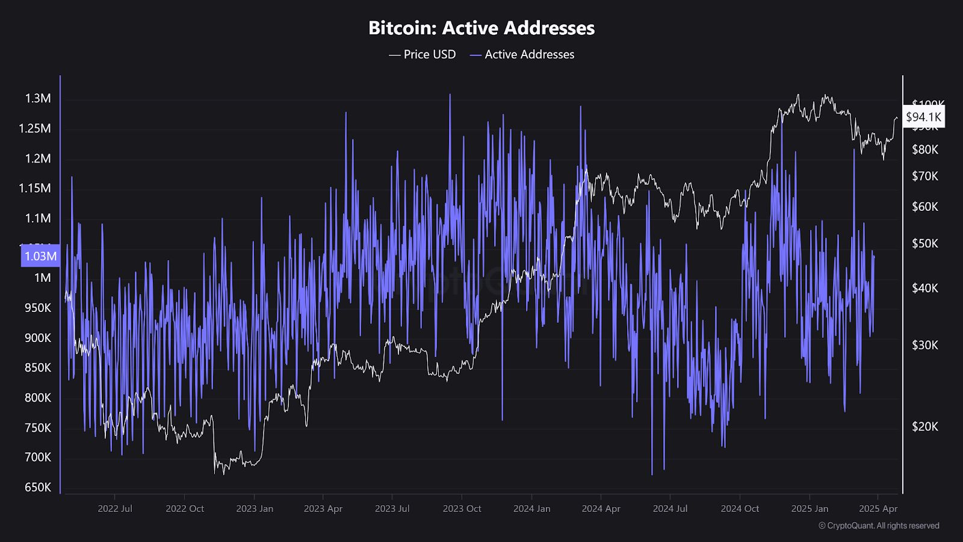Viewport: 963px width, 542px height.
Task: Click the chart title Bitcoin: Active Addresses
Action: [x=482, y=28]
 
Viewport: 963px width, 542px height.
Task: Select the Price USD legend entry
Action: [x=423, y=55]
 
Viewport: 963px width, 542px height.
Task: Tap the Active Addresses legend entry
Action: [x=522, y=55]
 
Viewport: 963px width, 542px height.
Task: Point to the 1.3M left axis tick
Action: [x=38, y=99]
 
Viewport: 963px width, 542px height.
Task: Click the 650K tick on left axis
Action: [x=38, y=487]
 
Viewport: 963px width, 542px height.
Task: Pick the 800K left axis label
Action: [x=38, y=397]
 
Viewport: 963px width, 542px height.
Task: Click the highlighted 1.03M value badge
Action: [x=40, y=256]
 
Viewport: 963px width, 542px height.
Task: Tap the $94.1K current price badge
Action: [x=924, y=117]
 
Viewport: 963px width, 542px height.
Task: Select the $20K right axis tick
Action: [x=925, y=426]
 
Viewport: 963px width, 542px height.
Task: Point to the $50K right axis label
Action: [x=925, y=243]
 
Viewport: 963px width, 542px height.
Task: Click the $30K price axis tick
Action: [x=925, y=345]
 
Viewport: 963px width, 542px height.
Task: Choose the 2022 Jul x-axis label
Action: [x=115, y=509]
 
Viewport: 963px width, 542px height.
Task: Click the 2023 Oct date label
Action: [x=462, y=509]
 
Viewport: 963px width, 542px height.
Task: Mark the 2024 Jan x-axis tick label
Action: [x=531, y=509]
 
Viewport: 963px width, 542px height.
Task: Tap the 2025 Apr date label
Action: [x=878, y=509]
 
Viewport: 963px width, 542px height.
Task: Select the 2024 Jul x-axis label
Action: [x=670, y=509]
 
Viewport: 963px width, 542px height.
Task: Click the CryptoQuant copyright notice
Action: [x=879, y=526]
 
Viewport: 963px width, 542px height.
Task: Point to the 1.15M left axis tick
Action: [x=35, y=188]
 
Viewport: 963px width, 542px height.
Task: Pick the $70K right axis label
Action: [x=925, y=176]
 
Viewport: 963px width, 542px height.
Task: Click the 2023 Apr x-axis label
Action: [x=323, y=509]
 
